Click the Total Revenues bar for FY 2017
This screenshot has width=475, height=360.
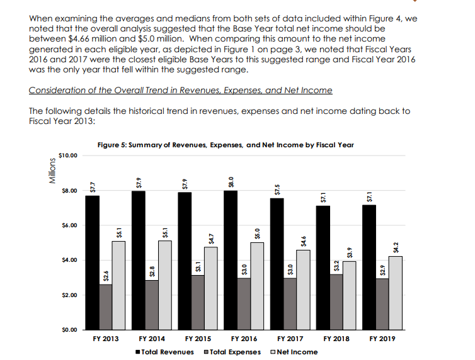pos(277,264)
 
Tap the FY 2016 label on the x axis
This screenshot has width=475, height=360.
pos(244,339)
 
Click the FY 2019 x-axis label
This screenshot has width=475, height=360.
pos(382,339)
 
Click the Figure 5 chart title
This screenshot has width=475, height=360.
pos(226,144)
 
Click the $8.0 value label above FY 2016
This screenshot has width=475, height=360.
pos(231,181)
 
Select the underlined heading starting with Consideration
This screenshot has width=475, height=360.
pos(180,90)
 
